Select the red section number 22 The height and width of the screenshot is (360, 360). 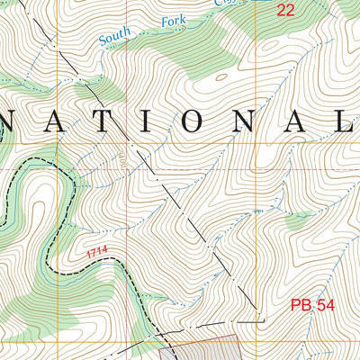coord(285,11)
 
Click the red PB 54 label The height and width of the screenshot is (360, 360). coord(312,306)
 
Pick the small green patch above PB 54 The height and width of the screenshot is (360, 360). coord(297,220)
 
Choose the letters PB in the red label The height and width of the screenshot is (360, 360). coord(301,306)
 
